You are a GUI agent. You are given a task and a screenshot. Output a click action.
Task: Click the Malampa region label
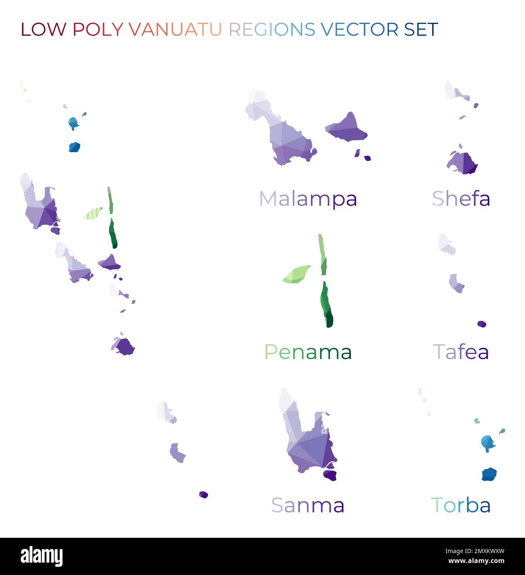[x=308, y=199]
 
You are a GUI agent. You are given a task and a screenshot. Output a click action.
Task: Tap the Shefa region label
[x=461, y=199]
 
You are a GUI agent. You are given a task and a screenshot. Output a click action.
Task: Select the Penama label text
[x=308, y=352]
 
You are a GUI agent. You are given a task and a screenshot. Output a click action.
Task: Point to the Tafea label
[x=461, y=352]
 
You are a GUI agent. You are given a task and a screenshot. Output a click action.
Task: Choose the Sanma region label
[x=308, y=505]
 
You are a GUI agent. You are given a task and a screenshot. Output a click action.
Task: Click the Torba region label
[x=461, y=505]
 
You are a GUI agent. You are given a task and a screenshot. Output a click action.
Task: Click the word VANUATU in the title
[x=175, y=29]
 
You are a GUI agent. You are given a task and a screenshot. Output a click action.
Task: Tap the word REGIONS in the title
[x=272, y=29]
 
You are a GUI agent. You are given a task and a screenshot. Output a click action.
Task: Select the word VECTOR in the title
[x=359, y=29]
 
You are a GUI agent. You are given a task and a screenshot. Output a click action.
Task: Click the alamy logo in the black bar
[x=42, y=556]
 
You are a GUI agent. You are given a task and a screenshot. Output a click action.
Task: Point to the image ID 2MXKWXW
[x=475, y=551]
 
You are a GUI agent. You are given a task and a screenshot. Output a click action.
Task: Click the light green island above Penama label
[x=297, y=274]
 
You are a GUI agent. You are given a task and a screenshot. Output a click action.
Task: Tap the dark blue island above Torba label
[x=489, y=474]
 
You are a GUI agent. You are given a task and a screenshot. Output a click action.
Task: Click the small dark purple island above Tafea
[x=482, y=324]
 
